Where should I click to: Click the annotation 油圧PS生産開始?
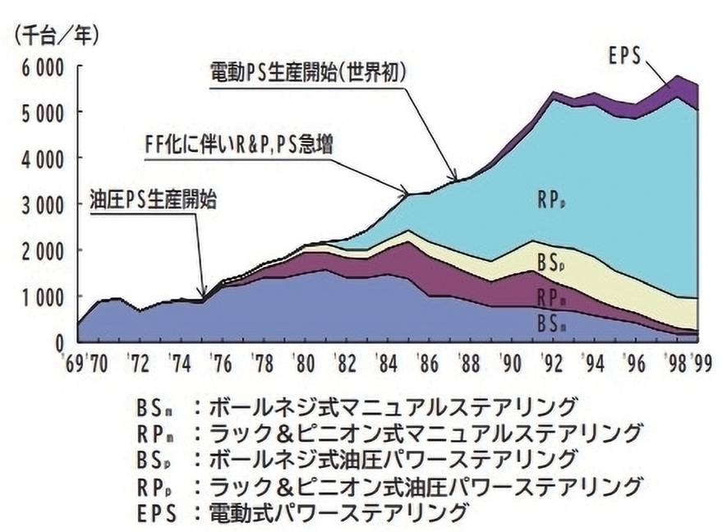click(154, 200)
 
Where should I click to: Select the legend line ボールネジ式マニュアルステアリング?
click(357, 406)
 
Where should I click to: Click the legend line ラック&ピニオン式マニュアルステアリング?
click(389, 432)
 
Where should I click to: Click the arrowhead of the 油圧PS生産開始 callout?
click(204, 297)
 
